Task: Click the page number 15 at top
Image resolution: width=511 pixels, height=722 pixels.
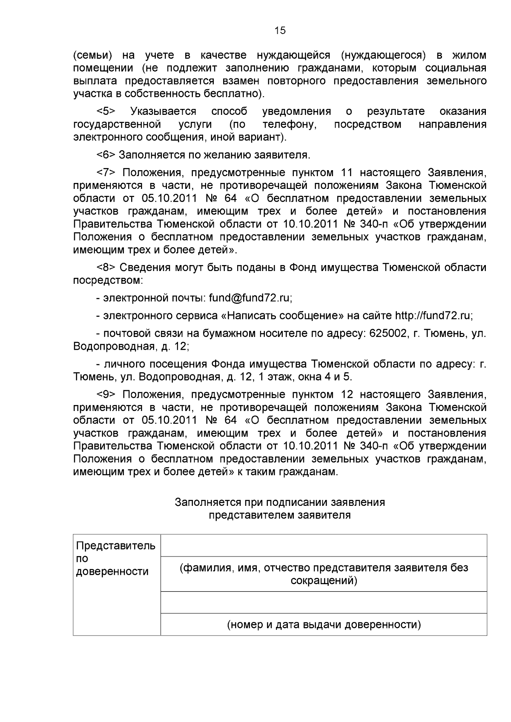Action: (280, 30)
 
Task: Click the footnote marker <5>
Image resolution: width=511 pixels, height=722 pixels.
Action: (106, 111)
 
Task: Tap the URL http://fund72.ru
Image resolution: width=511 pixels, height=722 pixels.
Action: (433, 315)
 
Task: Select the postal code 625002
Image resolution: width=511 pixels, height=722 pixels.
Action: (388, 333)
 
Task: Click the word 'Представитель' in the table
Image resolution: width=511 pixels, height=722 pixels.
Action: (115, 545)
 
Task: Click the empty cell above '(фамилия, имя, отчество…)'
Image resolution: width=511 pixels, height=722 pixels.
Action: (324, 545)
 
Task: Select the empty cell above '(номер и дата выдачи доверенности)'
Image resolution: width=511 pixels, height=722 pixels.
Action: (324, 602)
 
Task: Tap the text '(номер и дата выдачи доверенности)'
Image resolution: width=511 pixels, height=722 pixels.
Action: (324, 625)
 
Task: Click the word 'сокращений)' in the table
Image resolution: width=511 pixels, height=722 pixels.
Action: (324, 580)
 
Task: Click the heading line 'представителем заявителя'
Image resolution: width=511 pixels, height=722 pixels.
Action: (280, 515)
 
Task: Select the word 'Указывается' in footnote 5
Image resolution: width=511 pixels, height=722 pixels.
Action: (163, 111)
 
